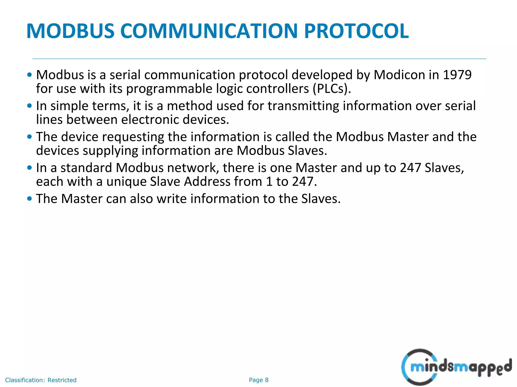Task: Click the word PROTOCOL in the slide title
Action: tap(356, 31)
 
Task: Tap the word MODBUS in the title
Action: tap(70, 31)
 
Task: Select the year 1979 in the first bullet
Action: tap(457, 75)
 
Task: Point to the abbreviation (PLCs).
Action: tap(332, 89)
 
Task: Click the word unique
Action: tap(126, 182)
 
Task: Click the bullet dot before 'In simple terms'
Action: tap(30, 106)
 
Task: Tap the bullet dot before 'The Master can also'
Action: tap(30, 199)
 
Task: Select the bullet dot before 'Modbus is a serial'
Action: tap(30, 75)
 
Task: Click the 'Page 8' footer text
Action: tap(258, 380)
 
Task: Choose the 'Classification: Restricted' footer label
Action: tap(41, 380)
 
